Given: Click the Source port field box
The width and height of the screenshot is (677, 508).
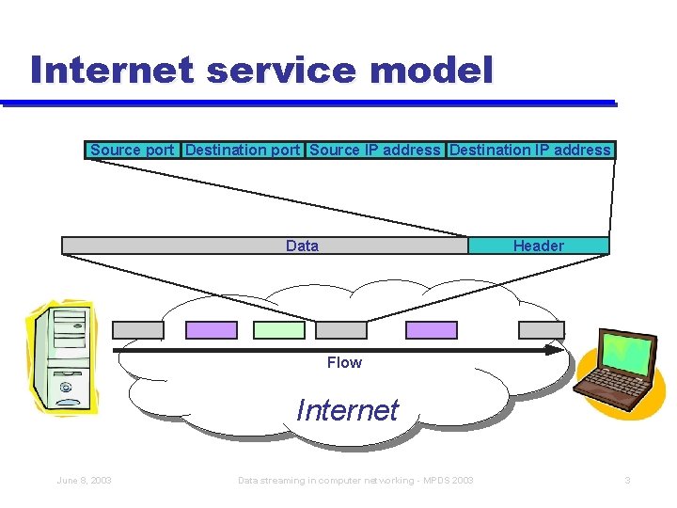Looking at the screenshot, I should pyautogui.click(x=133, y=150).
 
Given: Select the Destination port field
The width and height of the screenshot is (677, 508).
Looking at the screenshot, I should pyautogui.click(x=243, y=150).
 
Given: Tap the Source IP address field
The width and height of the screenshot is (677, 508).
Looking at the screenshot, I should pyautogui.click(x=374, y=150).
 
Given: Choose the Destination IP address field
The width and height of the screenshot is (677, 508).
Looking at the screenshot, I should pyautogui.click(x=530, y=150).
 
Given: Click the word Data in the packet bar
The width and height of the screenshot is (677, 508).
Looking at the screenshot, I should pyautogui.click(x=302, y=246).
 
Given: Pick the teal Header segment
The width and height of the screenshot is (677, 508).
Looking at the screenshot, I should pyautogui.click(x=538, y=246).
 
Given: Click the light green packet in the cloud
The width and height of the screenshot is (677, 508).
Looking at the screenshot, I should pyautogui.click(x=280, y=330).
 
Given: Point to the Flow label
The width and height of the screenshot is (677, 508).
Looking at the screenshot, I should pyautogui.click(x=344, y=362).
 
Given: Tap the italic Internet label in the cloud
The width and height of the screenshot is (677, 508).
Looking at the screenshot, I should pyautogui.click(x=347, y=410).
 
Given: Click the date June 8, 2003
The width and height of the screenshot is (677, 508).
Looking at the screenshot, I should pyautogui.click(x=84, y=481).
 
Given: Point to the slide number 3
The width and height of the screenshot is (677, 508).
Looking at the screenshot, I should pyautogui.click(x=627, y=481).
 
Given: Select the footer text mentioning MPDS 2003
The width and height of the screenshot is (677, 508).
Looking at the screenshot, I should pyautogui.click(x=355, y=481).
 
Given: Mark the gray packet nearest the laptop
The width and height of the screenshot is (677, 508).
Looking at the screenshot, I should pyautogui.click(x=542, y=330).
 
